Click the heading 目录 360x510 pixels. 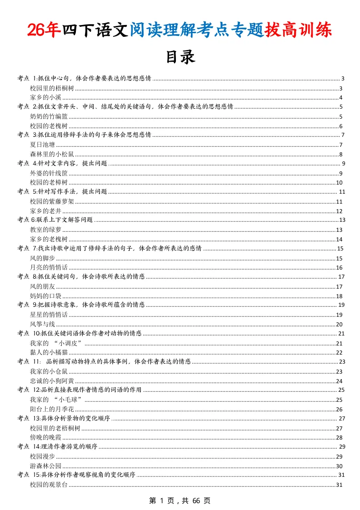pos(180,57)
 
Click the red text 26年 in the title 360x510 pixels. pos(44,30)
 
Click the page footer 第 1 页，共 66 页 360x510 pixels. pos(180,500)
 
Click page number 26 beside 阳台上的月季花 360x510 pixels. pos(339,409)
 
